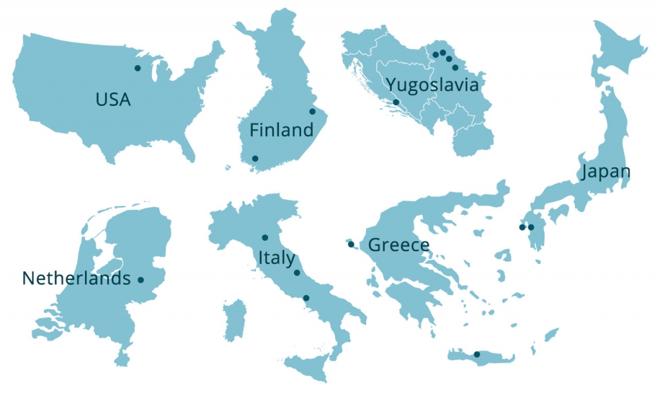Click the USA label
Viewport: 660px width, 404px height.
click(x=113, y=99)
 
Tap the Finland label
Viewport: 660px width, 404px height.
click(x=281, y=130)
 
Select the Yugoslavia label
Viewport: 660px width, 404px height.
click(x=432, y=85)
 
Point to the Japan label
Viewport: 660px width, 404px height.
click(x=605, y=172)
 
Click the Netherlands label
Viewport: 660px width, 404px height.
click(x=75, y=278)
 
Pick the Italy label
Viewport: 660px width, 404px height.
click(x=277, y=258)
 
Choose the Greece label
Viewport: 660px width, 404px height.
click(x=398, y=245)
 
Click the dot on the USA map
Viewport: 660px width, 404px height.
click(x=137, y=68)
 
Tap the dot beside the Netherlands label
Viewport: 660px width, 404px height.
click(x=141, y=279)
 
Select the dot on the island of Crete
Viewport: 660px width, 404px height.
click(x=476, y=354)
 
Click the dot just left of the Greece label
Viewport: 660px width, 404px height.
click(x=351, y=244)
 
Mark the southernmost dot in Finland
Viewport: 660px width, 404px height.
click(x=255, y=158)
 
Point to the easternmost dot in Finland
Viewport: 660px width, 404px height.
click(x=313, y=111)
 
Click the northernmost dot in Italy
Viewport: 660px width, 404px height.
click(x=265, y=237)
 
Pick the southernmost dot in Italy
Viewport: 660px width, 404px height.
click(x=306, y=298)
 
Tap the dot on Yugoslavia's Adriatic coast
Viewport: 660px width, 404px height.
click(x=396, y=102)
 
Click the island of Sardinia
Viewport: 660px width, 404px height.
click(x=235, y=320)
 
